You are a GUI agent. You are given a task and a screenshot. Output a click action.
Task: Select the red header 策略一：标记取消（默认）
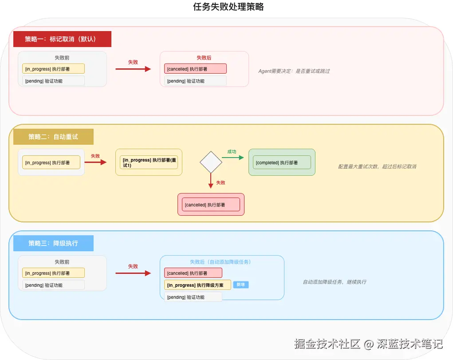point(62,39)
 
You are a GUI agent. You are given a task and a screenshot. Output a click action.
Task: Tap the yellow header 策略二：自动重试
point(53,137)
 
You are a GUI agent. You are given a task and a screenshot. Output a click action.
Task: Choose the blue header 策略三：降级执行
point(53,243)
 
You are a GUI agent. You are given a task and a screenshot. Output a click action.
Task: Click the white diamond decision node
point(211,162)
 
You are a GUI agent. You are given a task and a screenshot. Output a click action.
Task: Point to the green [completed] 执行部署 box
point(282,162)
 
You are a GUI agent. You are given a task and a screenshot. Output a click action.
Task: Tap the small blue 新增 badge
point(241,285)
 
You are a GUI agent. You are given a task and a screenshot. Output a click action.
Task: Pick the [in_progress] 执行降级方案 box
point(197,285)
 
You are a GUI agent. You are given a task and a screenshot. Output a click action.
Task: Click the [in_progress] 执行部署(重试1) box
point(149,162)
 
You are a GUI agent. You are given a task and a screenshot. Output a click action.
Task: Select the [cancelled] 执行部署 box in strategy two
point(211,205)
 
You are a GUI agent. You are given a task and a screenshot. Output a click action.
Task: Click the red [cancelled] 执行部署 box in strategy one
point(195,69)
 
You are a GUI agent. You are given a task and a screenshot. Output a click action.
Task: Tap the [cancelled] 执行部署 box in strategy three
point(193,273)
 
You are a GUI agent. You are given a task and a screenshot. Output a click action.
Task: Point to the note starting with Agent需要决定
point(294,71)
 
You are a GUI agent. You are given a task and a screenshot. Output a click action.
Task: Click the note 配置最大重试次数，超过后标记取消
point(377,166)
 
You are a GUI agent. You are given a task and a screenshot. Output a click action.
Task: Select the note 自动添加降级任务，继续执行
point(335,282)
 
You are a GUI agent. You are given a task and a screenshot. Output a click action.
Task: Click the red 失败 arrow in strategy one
point(133,69)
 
